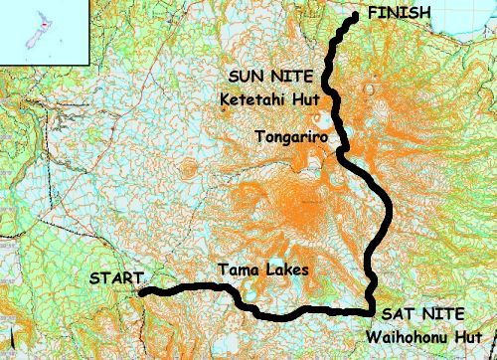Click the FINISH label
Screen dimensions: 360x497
pyautogui.click(x=400, y=13)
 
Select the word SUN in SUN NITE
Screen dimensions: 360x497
pyautogui.click(x=245, y=76)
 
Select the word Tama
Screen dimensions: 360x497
pyautogui.click(x=237, y=270)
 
